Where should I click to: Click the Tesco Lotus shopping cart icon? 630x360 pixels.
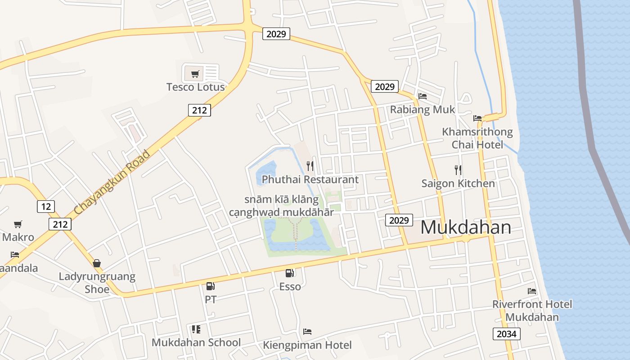point(195,74)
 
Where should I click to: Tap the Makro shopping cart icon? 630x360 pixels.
point(18,224)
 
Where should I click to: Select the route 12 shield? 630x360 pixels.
point(45,207)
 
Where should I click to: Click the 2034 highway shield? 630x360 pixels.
point(507,334)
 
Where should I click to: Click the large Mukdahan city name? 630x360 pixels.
point(465,228)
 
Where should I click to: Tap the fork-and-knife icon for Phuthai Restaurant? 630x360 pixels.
point(310,166)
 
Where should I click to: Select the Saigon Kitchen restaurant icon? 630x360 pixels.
point(458,170)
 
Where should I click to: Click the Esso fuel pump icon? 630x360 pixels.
point(290,273)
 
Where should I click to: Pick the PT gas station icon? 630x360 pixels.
point(210,286)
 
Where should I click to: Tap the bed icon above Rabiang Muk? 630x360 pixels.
point(422,96)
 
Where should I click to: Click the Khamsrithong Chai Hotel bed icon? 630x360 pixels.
point(477,118)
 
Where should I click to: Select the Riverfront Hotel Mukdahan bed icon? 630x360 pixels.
point(532,291)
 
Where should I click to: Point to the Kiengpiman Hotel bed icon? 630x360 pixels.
point(307,332)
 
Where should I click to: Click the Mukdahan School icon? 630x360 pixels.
point(196,329)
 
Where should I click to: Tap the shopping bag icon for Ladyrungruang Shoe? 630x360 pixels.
point(97,263)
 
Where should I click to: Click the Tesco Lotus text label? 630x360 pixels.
point(195,87)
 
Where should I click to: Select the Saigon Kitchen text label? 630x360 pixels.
point(458,184)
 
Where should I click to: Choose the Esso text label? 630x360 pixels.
point(290,287)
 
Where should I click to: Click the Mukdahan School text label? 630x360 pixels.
point(196,342)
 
